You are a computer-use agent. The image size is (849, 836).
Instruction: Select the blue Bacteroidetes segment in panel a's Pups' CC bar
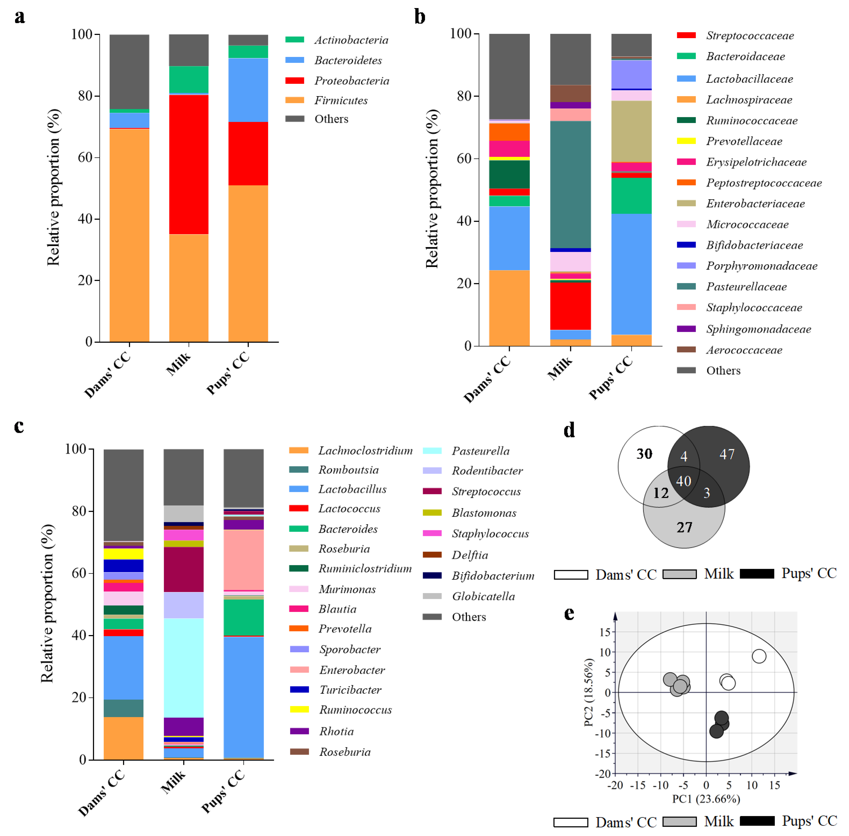[248, 90]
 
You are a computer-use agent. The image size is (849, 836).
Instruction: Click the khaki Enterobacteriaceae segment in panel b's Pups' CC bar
[631, 131]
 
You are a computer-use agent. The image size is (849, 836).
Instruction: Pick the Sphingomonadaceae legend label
[758, 329]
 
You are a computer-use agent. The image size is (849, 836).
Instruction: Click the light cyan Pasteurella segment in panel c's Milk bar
[183, 667]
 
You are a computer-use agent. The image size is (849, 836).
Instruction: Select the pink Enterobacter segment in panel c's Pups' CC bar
[244, 560]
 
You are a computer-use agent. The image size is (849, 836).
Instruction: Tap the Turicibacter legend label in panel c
[350, 690]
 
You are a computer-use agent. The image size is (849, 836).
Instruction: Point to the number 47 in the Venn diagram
[727, 454]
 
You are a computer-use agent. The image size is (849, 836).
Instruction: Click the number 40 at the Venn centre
[683, 481]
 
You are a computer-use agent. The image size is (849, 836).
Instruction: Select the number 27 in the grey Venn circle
[684, 527]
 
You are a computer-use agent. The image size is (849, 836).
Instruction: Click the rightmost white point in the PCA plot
[759, 656]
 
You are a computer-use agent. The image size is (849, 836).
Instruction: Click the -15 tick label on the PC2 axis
[605, 754]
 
